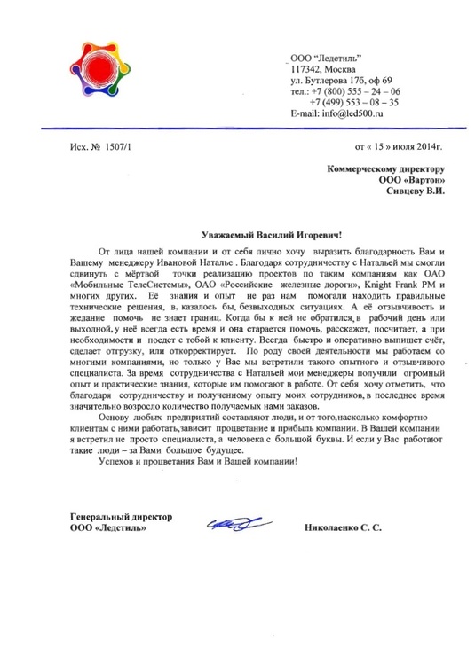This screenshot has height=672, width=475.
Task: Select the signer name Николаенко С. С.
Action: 344,529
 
